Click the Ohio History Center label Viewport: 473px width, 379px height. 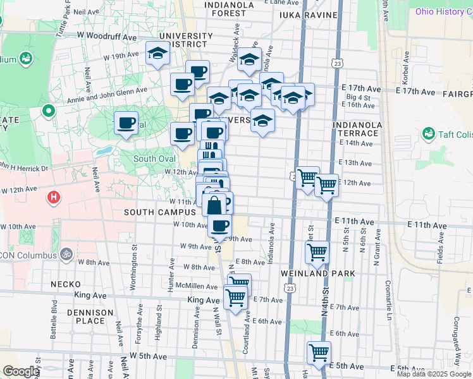pos(443,12)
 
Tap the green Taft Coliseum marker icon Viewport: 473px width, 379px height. pos(428,133)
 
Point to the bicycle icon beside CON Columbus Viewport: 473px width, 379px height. pos(66,254)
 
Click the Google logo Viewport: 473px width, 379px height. pos(21,371)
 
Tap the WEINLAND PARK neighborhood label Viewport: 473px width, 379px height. pos(319,273)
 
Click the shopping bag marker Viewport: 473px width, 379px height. pos(215,205)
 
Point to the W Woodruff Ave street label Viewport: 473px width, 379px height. pos(107,37)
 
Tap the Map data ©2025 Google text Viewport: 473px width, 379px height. pos(434,374)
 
